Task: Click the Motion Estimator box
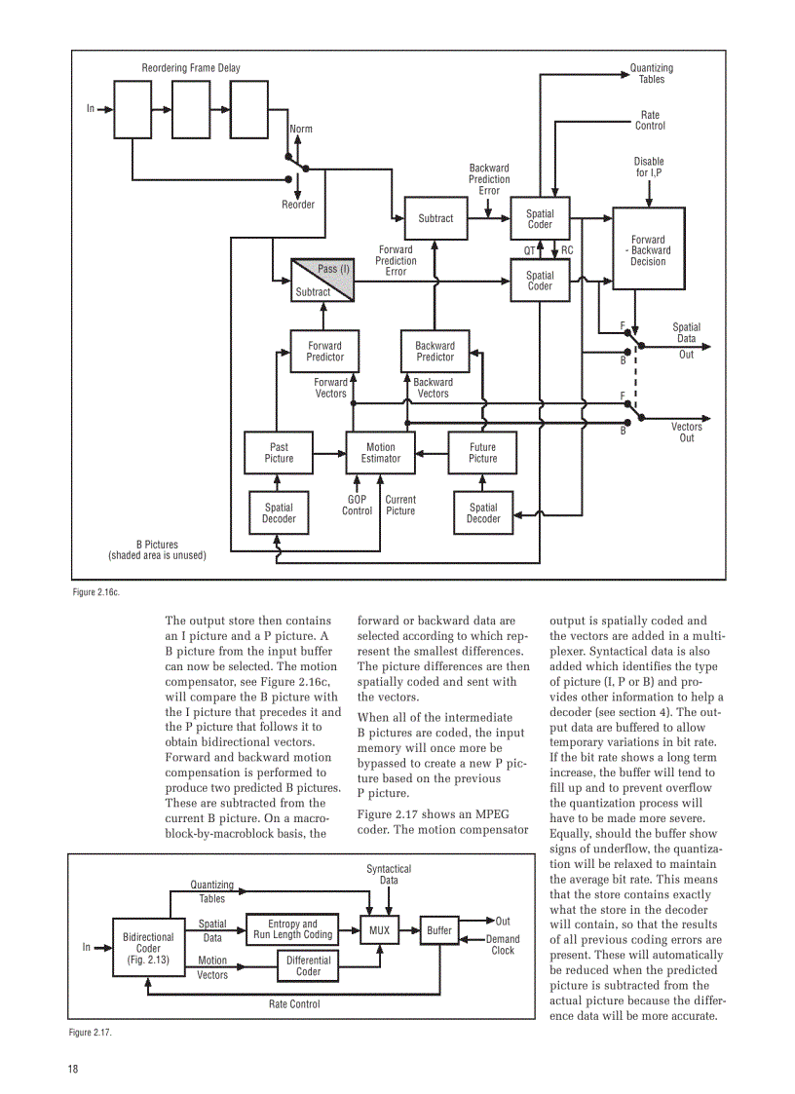coord(381,453)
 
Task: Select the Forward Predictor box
coord(324,351)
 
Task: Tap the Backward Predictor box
coord(435,351)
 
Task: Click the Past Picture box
coord(279,453)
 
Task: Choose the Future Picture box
coord(482,453)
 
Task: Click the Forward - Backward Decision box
coord(648,250)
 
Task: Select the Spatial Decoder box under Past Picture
coord(279,512)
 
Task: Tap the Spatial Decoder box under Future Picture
coord(483,512)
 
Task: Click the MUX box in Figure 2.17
coord(379,930)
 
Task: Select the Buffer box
coord(439,930)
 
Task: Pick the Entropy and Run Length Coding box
coord(292,929)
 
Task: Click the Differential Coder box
coord(308,965)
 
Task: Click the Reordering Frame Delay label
coord(191,68)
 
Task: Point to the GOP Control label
coord(357,505)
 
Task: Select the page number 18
coord(73,1069)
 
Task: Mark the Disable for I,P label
coord(649,168)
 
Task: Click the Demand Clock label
coord(503,944)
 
